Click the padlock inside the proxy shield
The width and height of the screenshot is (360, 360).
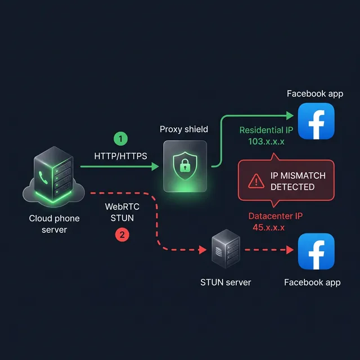coord(184,166)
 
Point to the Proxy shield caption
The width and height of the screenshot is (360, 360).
coord(184,129)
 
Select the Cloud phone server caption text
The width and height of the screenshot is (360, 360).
coord(54,223)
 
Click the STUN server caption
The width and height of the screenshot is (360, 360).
coord(226,282)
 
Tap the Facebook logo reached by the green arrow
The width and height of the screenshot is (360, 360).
coord(316,121)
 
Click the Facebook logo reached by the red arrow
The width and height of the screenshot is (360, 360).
coord(316,251)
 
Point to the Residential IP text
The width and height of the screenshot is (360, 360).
coord(267,130)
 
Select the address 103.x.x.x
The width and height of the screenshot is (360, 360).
coord(267,141)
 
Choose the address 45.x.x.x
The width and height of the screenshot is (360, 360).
coord(269,227)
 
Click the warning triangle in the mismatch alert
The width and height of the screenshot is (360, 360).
coord(256,181)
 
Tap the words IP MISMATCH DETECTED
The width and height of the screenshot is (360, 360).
coord(298,181)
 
